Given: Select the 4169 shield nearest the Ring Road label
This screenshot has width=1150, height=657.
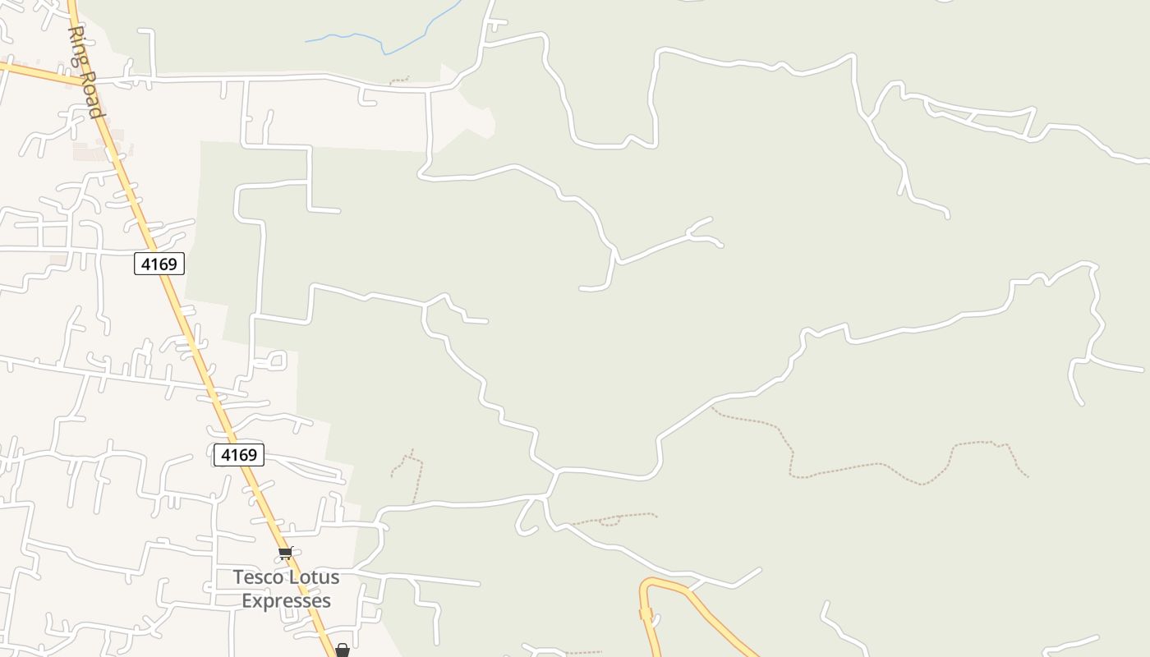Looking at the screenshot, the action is [x=159, y=264].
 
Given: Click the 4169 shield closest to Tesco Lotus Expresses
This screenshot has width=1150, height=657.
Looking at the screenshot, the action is [x=239, y=455].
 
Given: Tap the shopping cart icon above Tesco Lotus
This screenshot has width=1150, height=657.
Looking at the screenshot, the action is [x=285, y=553].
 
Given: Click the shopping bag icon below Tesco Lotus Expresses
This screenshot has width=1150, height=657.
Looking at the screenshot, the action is [x=343, y=650].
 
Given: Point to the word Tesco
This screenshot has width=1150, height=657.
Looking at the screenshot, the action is [x=259, y=577].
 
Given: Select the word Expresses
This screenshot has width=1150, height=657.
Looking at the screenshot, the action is [x=286, y=601].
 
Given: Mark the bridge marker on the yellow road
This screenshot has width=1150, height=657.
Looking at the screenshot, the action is [x=646, y=613].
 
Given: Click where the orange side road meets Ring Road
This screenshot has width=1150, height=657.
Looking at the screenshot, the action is [x=83, y=81].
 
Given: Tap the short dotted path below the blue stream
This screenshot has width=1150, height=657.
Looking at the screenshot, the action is [x=399, y=80].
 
